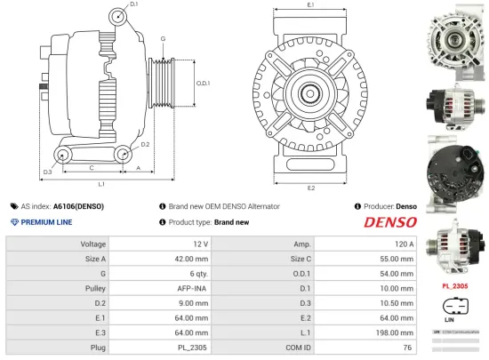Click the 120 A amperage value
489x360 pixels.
(405, 244)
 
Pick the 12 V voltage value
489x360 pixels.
(199, 244)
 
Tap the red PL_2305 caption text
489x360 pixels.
(454, 286)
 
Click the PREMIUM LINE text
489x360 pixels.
(46, 221)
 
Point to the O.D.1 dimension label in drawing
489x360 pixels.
(202, 83)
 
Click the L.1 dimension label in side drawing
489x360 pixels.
(101, 183)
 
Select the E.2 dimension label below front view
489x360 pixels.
(311, 188)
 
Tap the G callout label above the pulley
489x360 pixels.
(163, 39)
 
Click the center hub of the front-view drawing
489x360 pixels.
(311, 92)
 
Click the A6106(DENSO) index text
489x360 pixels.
(78, 205)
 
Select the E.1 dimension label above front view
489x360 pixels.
(310, 6)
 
